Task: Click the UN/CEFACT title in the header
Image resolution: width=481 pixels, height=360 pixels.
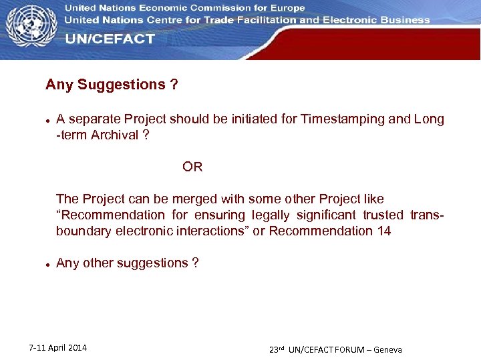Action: [110, 39]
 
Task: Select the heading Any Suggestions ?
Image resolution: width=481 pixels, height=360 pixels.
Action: [112, 85]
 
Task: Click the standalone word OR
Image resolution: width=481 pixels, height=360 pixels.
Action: [192, 167]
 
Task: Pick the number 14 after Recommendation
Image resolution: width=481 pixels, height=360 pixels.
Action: [383, 231]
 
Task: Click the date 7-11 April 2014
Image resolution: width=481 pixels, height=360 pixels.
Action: [58, 348]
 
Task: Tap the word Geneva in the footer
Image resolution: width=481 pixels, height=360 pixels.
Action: [388, 350]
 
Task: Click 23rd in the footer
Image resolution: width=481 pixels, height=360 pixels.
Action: [277, 349]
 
